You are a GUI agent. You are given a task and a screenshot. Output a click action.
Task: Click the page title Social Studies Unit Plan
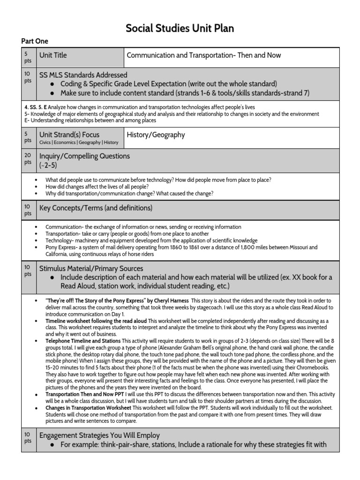coord(180,29)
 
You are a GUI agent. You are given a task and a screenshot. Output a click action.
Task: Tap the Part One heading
coord(35,41)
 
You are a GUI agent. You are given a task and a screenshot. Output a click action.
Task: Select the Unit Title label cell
coord(53,55)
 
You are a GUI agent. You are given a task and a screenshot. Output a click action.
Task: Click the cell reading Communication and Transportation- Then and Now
coord(204,55)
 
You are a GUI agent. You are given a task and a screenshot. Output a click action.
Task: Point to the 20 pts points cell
coord(28,159)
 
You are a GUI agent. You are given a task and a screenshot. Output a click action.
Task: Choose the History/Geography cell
coord(156,135)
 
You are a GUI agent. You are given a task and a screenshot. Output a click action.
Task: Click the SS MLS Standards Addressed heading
coord(83,75)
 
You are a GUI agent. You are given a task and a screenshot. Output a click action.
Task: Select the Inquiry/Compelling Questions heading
coord(84,156)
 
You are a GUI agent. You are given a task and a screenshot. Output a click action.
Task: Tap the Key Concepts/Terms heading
coord(96,208)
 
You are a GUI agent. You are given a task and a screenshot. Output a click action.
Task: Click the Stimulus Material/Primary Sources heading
coord(91,269)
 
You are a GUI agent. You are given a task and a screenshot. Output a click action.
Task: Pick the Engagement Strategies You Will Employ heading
coord(99,435)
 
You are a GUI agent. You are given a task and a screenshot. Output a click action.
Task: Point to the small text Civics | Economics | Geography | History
coord(79,142)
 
